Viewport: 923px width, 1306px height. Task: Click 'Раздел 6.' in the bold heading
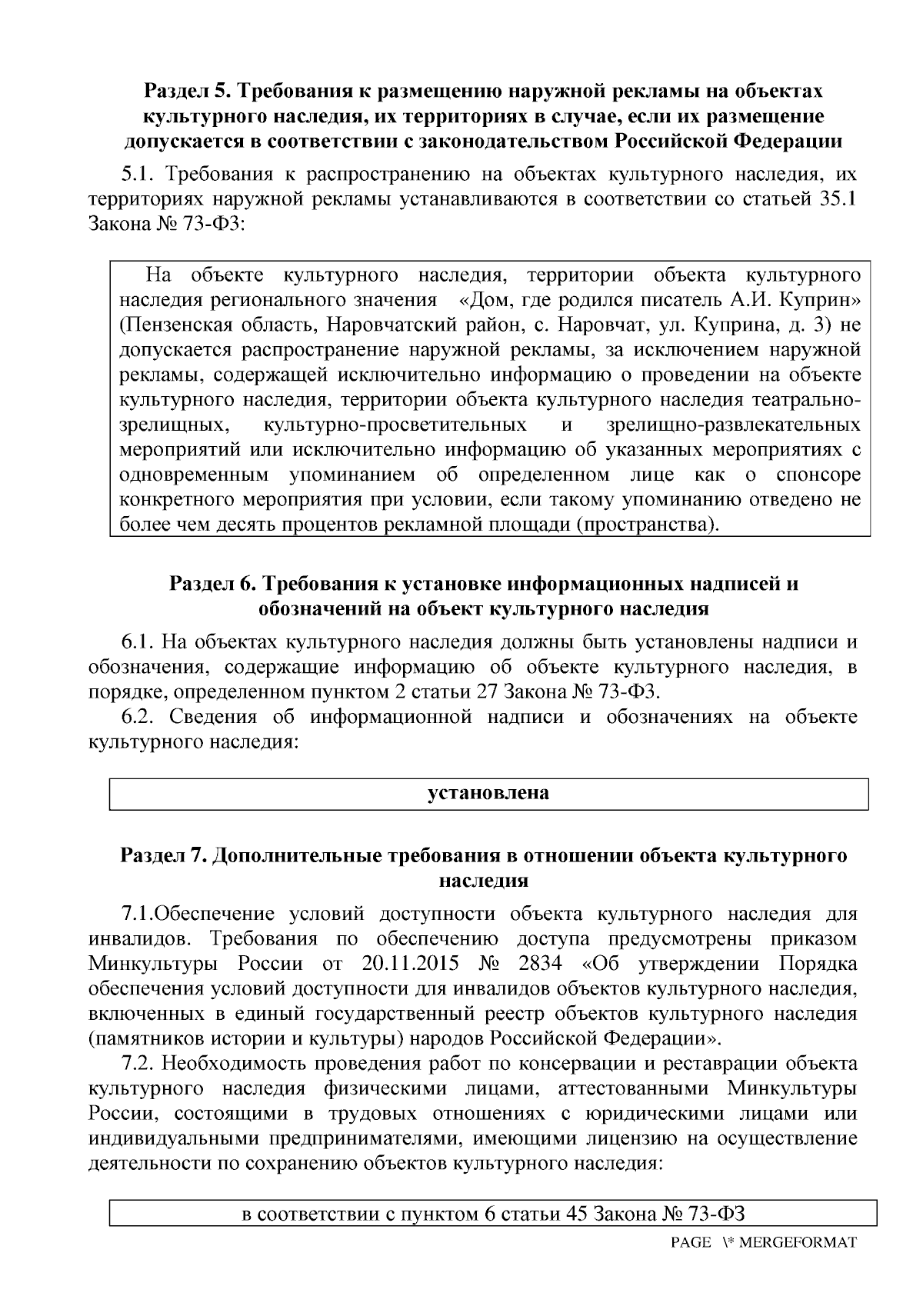tap(212, 584)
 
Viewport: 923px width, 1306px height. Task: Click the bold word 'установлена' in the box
tap(488, 793)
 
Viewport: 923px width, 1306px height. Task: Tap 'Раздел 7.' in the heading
tap(163, 856)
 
